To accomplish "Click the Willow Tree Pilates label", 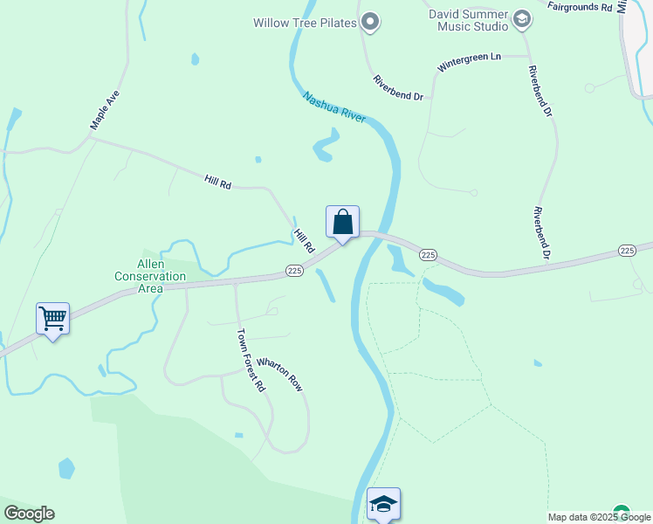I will (x=305, y=23).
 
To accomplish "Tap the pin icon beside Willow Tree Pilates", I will (x=370, y=23).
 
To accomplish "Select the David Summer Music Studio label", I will (x=468, y=20).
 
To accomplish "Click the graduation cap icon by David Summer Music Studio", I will (x=522, y=18).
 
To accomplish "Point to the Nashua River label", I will (x=334, y=109).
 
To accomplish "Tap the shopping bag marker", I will (x=343, y=223).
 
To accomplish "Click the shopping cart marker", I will (x=53, y=319).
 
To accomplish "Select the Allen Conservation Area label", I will (x=150, y=276).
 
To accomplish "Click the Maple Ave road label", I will (x=104, y=110).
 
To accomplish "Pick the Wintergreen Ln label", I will (x=470, y=62).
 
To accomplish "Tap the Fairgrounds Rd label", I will (x=580, y=7).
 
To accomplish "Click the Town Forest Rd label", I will (x=251, y=360).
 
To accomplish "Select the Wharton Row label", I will (x=278, y=373).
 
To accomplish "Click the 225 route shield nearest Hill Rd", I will (x=294, y=272).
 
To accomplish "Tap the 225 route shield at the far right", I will (x=627, y=251).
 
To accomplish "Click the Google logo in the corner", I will (x=29, y=514).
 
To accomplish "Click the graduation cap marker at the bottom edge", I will (x=383, y=504).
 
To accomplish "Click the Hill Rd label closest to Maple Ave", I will (x=217, y=182).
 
